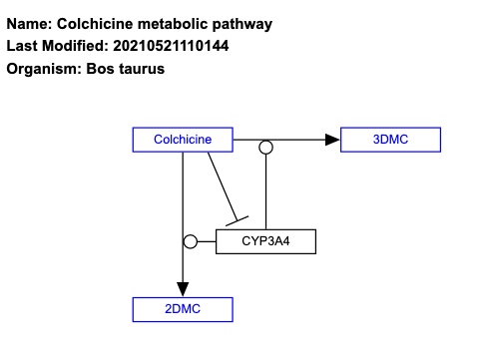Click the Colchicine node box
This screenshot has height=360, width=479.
(183, 140)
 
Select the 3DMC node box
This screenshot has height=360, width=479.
(390, 140)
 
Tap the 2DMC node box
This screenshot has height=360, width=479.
(183, 309)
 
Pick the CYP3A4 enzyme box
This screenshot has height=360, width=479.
(265, 241)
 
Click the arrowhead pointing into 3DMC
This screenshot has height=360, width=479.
(332, 140)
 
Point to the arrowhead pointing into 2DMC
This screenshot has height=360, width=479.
(183, 288)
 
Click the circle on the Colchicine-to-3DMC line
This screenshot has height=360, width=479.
(265, 148)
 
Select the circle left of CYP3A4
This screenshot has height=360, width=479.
(191, 241)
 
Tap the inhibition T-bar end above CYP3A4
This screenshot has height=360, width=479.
(239, 221)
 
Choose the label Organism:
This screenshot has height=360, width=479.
(44, 69)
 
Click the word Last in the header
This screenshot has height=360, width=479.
(22, 46)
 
